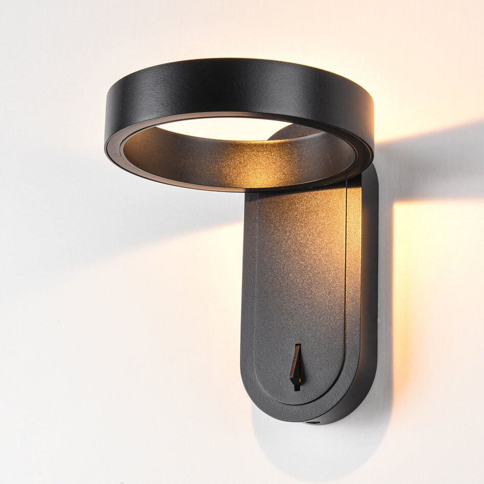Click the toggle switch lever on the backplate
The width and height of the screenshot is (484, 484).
[x=296, y=365]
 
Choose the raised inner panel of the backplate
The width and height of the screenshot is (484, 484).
[x=300, y=277]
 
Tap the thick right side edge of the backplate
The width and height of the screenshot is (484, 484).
[x=369, y=287]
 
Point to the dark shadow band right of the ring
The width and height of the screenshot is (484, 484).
[x=430, y=164]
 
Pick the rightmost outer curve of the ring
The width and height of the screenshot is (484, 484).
[x=372, y=128]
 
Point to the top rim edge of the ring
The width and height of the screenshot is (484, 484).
[x=241, y=60]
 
